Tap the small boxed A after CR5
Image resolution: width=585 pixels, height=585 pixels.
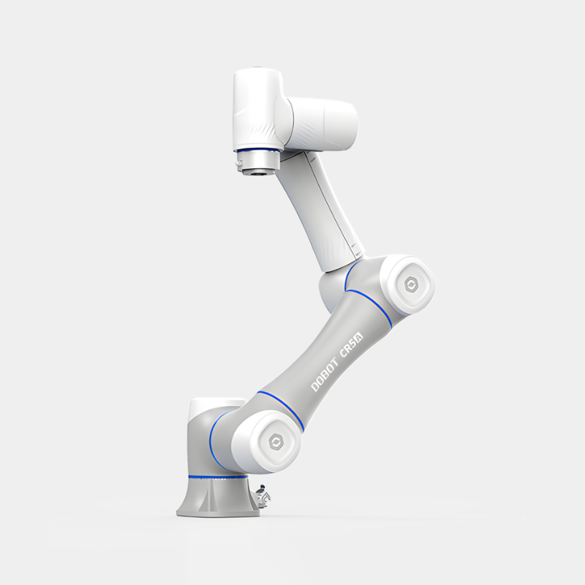pyautogui.click(x=359, y=336)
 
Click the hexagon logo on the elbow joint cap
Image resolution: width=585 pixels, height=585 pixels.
pyautogui.click(x=412, y=285)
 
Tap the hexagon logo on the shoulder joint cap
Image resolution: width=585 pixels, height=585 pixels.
pyautogui.click(x=277, y=442)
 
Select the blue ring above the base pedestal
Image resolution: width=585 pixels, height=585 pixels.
pyautogui.click(x=218, y=477)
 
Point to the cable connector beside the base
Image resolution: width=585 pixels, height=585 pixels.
pyautogui.click(x=263, y=497)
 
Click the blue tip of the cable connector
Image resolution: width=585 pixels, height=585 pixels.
pyautogui.click(x=263, y=486)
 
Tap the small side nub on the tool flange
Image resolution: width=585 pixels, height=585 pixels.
pyautogui.click(x=238, y=163)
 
